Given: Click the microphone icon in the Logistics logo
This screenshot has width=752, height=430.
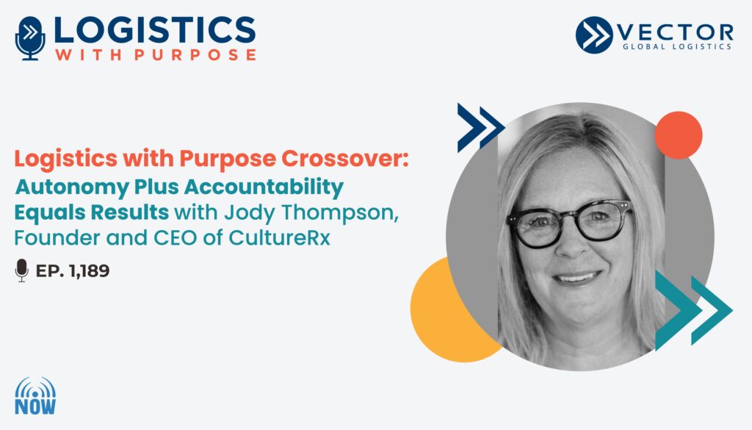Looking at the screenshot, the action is (30, 38).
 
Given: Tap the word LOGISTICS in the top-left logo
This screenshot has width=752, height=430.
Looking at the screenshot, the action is (154, 29).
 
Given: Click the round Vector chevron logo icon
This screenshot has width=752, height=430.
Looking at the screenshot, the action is (593, 35).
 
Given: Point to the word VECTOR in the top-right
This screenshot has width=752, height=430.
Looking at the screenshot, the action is (676, 32).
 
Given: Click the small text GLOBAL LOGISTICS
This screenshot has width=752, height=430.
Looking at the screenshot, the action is (676, 46).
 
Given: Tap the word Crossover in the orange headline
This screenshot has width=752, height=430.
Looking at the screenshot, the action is (345, 158).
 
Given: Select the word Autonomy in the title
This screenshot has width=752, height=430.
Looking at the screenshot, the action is (72, 187).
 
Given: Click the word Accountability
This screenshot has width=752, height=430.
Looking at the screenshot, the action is (264, 187).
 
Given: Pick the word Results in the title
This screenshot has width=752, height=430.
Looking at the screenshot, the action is (129, 212).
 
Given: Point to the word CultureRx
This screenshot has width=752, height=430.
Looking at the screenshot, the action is (280, 238).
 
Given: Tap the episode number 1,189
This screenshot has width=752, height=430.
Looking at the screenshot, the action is (89, 270).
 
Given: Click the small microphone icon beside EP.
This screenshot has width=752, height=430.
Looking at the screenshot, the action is (21, 270).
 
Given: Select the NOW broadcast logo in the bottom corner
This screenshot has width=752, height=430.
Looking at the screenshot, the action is (35, 396).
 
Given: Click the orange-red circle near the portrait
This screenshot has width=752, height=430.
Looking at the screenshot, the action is (678, 135).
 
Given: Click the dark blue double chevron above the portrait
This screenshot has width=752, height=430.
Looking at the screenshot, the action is (480, 128).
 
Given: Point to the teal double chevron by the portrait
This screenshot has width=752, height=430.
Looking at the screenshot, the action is (693, 310).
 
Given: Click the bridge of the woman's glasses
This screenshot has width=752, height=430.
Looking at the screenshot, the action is (570, 218).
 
